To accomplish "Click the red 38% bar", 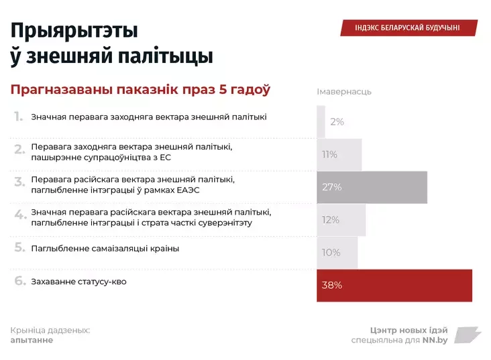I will point(394,286).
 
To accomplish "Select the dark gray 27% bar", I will point(372,187).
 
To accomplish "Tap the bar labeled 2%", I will point(321,122).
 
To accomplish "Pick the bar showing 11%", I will point(339,155).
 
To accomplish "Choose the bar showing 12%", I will point(341,220).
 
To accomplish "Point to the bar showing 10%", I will point(337,253).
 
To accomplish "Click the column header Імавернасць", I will point(344,91).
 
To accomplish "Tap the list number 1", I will point(19,117).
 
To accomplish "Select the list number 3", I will point(19,182).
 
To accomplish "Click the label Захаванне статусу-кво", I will point(78,282).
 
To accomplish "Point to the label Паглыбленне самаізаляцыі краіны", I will point(105,248).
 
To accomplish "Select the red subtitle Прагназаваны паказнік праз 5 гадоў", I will point(140,90).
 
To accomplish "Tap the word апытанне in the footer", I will point(32,340).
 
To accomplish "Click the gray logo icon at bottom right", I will point(468,335).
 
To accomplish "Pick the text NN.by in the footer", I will point(435,340).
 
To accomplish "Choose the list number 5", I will point(19,247).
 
